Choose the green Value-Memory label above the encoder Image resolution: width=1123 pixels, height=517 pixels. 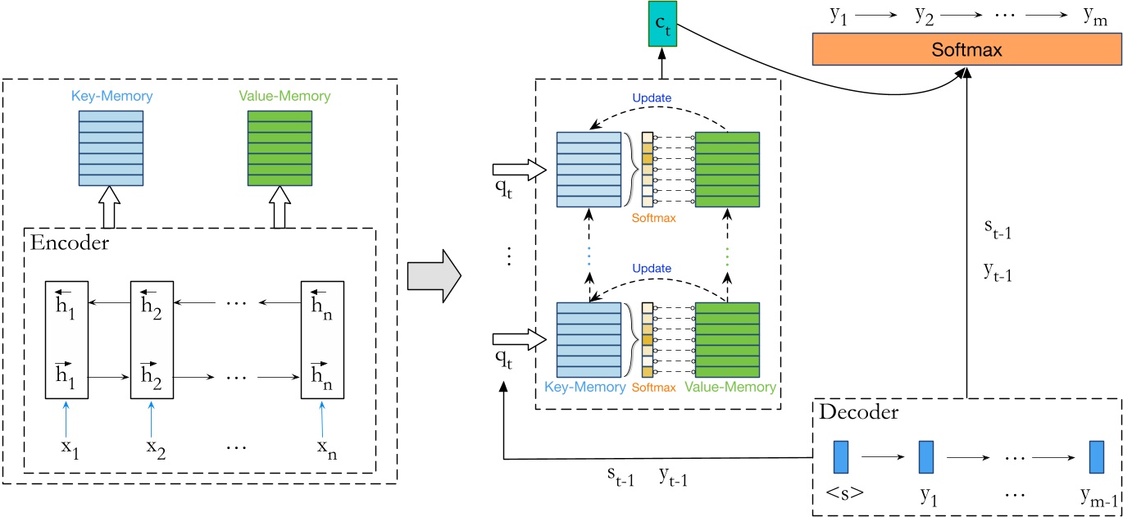click(280, 97)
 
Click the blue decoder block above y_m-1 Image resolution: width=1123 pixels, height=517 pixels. click(1095, 457)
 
